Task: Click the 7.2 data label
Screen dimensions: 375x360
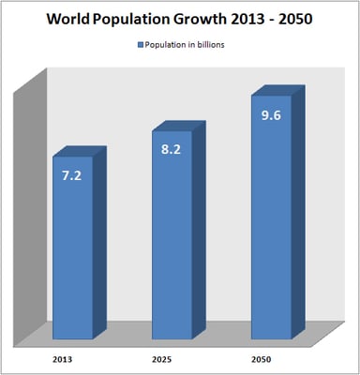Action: pyautogui.click(x=71, y=175)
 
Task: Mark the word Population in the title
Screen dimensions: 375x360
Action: pyautogui.click(x=142, y=19)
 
